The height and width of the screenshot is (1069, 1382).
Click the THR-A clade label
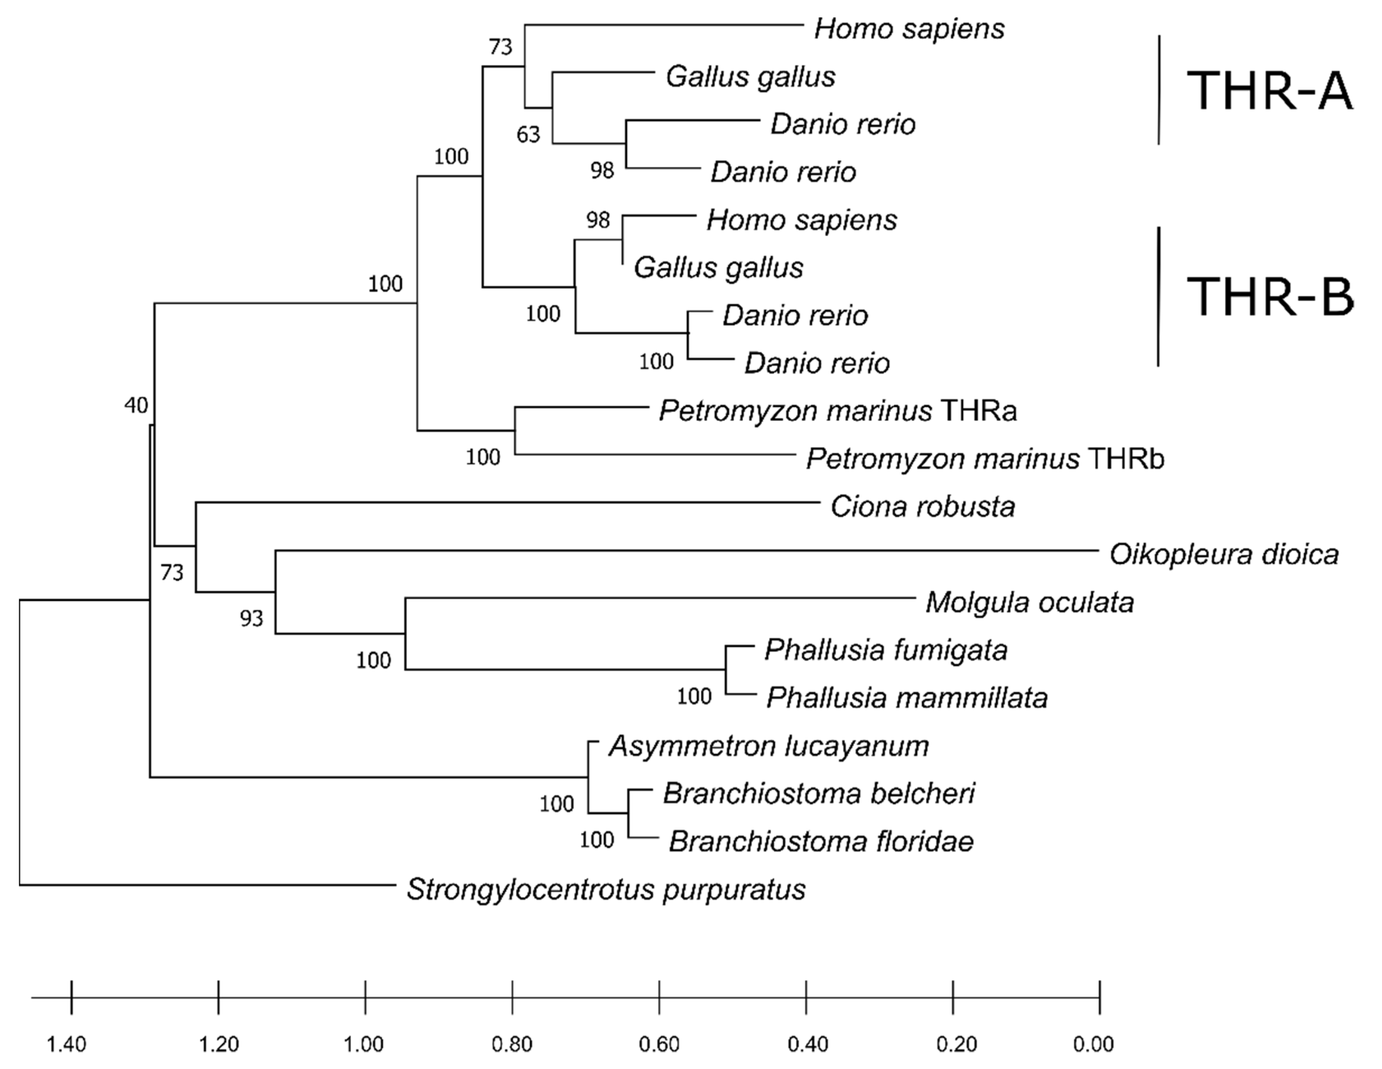1269,92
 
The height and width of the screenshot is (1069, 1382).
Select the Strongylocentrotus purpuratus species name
606,889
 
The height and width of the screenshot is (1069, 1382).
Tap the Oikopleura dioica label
1224,554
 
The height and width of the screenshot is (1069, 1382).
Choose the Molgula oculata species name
1030,603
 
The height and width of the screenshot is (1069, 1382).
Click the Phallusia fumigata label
886,650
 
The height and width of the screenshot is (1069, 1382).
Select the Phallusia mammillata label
907,698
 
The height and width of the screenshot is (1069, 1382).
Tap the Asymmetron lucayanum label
769,746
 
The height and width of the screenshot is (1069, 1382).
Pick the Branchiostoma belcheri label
819,794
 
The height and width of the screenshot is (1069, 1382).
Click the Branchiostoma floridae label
821,842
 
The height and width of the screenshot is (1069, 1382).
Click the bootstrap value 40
136,405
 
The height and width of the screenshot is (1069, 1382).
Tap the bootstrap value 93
251,619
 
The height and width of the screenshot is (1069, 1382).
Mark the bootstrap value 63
528,134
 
